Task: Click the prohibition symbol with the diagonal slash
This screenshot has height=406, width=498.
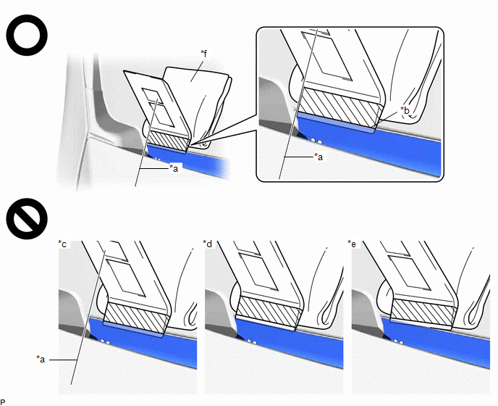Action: point(27,219)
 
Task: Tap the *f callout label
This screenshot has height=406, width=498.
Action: point(204,54)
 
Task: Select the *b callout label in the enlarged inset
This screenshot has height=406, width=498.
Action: point(405,110)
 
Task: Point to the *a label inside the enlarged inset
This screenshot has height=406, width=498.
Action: point(318,157)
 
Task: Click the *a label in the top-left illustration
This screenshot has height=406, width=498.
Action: point(174,168)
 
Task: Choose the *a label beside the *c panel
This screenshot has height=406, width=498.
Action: point(41,359)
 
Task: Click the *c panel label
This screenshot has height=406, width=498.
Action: point(62,244)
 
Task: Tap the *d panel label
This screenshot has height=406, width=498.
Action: point(208,244)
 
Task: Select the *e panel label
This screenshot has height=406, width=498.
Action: point(352,244)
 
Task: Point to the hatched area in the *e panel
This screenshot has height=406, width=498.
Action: point(423,312)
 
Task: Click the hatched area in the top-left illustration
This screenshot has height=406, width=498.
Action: point(169,141)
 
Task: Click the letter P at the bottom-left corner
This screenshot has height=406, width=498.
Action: point(3,402)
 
